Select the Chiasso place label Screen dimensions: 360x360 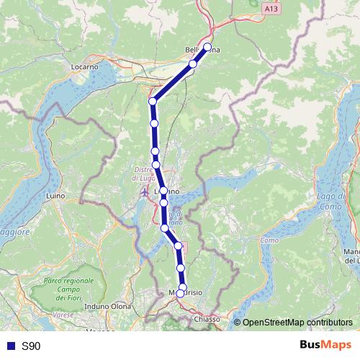(x=206, y=318)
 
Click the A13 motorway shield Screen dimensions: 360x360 (x=270, y=9)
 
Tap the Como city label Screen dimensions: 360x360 (x=269, y=240)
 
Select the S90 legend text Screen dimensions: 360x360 (x=31, y=346)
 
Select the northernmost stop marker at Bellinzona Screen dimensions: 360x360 (x=207, y=48)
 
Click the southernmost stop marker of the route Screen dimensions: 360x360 (x=180, y=294)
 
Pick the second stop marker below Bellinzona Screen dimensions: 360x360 (x=153, y=101)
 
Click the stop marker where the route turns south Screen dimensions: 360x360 (x=153, y=101)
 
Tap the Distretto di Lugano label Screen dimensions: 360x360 (x=147, y=175)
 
